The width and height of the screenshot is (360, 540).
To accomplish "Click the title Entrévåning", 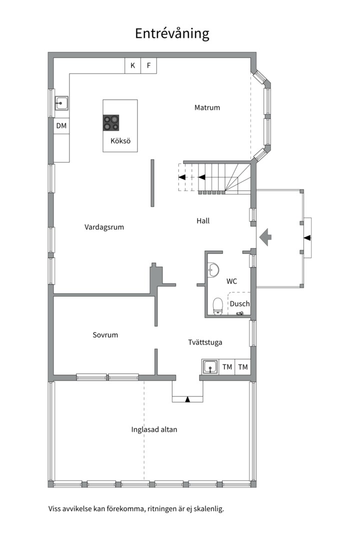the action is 172,34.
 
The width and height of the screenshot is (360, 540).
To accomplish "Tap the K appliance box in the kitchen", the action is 132,65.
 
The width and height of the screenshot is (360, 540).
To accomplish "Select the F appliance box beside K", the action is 149,65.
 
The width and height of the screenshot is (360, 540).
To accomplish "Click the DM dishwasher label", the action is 61,125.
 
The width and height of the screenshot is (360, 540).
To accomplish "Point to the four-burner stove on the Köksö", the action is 111,123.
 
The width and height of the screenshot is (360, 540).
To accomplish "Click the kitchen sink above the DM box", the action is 61,103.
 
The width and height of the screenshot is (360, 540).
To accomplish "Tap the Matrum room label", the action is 207,107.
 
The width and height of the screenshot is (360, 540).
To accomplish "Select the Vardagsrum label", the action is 104,227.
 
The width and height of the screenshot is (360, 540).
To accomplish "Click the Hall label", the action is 203,221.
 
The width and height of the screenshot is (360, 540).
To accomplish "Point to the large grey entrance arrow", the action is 265,237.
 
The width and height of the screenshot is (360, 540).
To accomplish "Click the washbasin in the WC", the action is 213,270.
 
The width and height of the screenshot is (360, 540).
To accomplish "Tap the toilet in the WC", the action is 217,306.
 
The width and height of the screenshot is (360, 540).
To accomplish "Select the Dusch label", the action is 240,304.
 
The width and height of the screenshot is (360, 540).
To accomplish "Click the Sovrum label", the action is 105,334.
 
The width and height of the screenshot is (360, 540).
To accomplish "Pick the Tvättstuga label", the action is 205,342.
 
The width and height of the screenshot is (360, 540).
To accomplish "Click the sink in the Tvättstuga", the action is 210,367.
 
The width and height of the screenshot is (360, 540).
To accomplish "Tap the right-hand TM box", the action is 243,367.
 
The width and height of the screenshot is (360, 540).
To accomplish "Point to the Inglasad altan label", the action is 154,430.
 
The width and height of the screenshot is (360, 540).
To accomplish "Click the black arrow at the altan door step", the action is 187,399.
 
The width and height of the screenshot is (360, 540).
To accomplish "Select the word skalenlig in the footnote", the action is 209,508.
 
